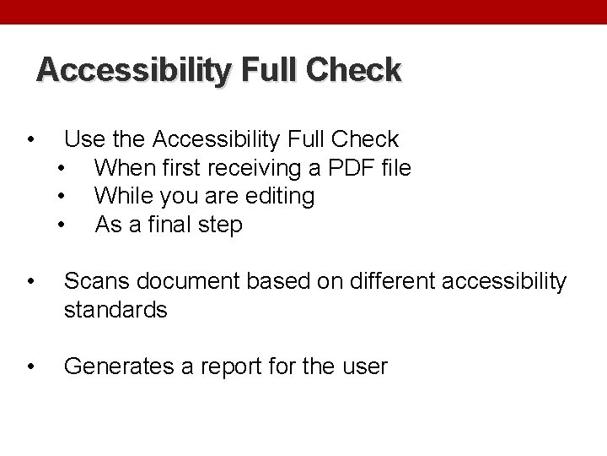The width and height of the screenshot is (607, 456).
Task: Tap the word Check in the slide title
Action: (357, 70)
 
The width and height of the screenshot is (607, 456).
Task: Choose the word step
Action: (221, 226)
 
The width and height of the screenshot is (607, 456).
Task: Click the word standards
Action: (116, 310)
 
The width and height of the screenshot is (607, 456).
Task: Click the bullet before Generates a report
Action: (30, 366)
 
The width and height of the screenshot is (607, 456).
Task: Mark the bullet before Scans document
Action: (30, 281)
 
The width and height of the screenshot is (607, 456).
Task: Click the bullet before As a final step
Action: (62, 225)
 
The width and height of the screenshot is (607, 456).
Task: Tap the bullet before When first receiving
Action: (62, 168)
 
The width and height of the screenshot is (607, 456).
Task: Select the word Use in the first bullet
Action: (83, 139)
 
